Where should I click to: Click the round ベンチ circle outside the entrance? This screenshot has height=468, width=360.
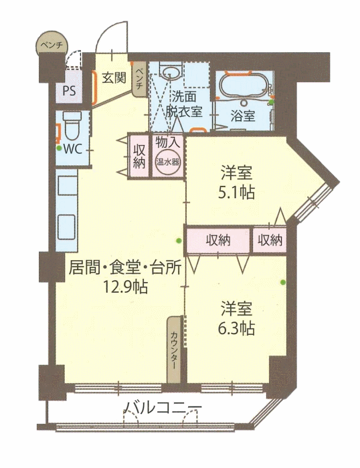(52, 44)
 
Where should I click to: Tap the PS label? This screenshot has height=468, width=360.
(69, 91)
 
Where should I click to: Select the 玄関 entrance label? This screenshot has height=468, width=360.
(114, 78)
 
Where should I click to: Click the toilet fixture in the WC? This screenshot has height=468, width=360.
(72, 126)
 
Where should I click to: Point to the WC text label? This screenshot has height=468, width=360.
(73, 149)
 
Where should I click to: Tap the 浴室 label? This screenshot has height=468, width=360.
(243, 116)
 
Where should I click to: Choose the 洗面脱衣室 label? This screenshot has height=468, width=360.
(184, 104)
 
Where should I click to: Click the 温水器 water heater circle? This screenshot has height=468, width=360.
(167, 162)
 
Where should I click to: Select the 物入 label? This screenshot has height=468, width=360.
(167, 142)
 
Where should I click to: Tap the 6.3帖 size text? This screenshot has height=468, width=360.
(237, 328)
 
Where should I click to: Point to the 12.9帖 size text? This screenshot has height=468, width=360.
(125, 287)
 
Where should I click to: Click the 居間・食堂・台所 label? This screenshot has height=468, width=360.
(125, 267)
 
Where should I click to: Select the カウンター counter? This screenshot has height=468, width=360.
(174, 350)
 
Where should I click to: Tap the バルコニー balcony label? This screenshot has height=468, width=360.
(163, 408)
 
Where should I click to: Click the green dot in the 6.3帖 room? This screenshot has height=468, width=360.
(282, 282)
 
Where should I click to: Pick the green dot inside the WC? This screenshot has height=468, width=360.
(59, 148)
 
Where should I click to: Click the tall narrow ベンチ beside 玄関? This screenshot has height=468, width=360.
(139, 79)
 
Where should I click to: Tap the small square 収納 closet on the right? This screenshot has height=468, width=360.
(270, 239)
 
